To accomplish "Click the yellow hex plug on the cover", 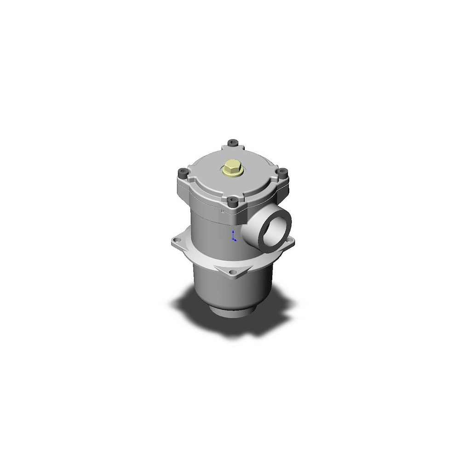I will (x=232, y=168).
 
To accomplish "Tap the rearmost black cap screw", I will (x=232, y=143).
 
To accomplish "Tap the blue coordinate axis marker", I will (x=234, y=236).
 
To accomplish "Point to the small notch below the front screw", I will (x=224, y=212).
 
